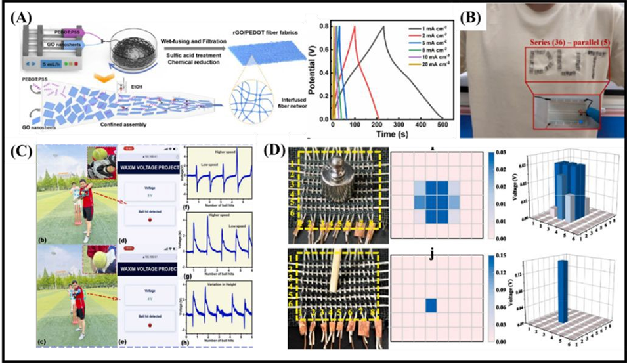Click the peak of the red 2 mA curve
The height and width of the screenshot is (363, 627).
coord(355,26)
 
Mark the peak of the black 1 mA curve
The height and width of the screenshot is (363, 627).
coord(383,26)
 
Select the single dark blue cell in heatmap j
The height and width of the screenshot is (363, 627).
coord(430,306)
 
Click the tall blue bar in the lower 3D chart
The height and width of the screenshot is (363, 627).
coord(561,289)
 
